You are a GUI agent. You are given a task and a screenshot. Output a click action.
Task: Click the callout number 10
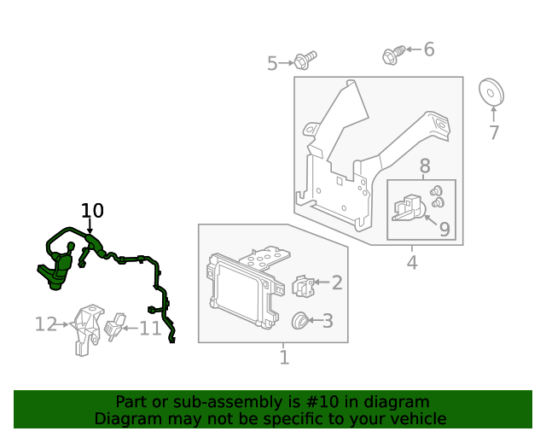point(92,211)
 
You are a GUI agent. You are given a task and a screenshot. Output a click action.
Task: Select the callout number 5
point(272,63)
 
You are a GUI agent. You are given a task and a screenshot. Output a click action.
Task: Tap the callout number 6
point(429,50)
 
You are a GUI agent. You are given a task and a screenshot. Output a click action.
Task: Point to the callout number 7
point(494,132)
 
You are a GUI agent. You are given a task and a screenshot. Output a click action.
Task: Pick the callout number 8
point(425,166)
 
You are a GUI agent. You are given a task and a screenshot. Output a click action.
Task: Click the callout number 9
point(444,229)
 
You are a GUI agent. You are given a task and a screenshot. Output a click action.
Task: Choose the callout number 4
point(412,262)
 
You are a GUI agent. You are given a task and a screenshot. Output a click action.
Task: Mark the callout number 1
point(284,358)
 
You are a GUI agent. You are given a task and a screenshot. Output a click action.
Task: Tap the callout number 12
point(46,324)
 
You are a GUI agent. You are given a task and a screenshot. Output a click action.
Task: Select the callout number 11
point(150,329)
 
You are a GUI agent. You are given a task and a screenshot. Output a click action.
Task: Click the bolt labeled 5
point(305,61)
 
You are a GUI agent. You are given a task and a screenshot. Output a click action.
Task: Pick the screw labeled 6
point(393,55)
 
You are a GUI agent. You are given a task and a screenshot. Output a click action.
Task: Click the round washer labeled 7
point(491,92)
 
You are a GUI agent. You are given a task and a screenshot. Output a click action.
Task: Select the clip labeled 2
point(303,287)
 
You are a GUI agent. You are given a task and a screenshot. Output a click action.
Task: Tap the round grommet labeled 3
point(300,321)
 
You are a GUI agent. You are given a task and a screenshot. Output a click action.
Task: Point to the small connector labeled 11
point(114,327)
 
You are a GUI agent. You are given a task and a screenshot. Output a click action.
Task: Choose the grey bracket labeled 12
point(87,329)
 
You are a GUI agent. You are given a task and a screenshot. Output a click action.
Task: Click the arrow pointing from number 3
point(315,320)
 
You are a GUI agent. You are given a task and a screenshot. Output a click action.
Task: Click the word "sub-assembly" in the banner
point(236,402)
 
